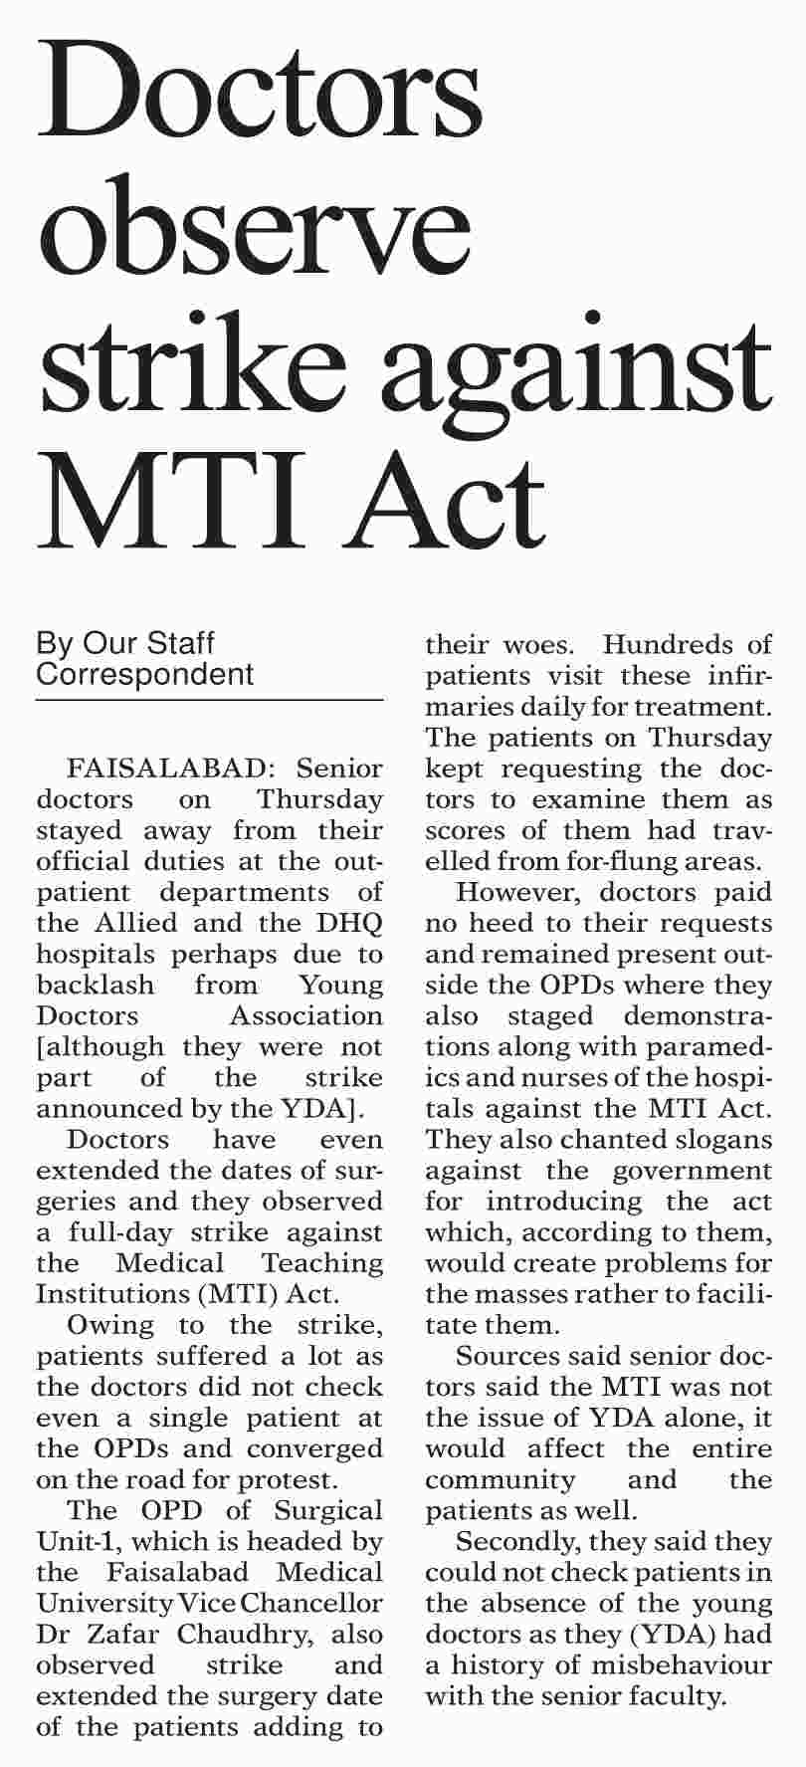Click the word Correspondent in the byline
pyautogui.click(x=145, y=674)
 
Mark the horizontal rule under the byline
pyautogui.click(x=209, y=701)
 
